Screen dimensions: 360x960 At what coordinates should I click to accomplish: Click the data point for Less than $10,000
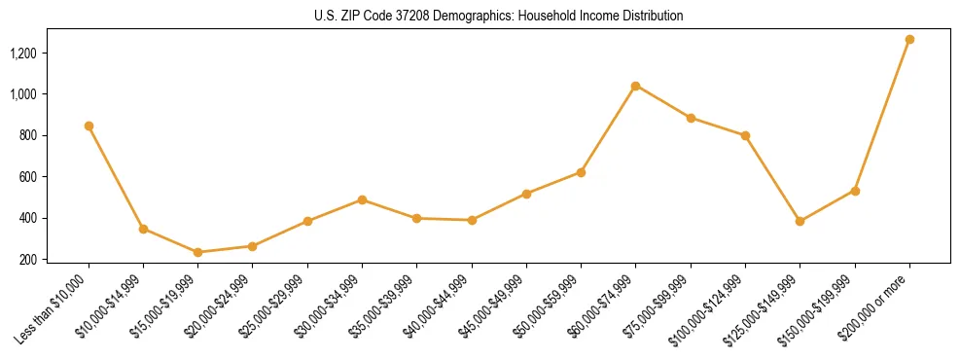coord(89,126)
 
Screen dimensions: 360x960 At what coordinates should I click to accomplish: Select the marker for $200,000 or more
coord(909,40)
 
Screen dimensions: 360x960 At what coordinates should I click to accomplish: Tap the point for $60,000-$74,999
coord(635,86)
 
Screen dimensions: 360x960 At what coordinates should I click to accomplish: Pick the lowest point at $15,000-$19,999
coord(197,252)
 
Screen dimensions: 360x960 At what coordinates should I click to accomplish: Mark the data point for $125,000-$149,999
coord(800,221)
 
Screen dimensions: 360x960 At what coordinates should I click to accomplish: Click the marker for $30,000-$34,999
coord(362,199)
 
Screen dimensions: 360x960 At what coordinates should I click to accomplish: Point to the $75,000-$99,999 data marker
coord(691,118)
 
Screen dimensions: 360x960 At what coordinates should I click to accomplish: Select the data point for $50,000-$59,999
coord(581,172)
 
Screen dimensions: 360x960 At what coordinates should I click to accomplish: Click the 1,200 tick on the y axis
coord(23,53)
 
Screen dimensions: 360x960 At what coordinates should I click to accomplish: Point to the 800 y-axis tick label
coord(28,135)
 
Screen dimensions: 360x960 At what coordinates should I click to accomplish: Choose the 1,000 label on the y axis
coord(23,94)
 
